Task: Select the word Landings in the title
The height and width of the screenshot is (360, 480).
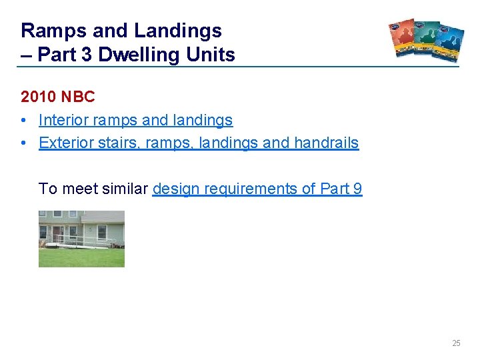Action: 179,31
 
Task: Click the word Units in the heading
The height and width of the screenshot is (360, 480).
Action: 211,55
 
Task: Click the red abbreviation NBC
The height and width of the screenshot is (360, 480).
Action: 79,97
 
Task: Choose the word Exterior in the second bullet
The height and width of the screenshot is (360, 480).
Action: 65,143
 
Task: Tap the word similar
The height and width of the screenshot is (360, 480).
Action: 127,189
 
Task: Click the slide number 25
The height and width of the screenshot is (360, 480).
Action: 456,343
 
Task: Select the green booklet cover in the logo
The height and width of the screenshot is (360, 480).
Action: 427,40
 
